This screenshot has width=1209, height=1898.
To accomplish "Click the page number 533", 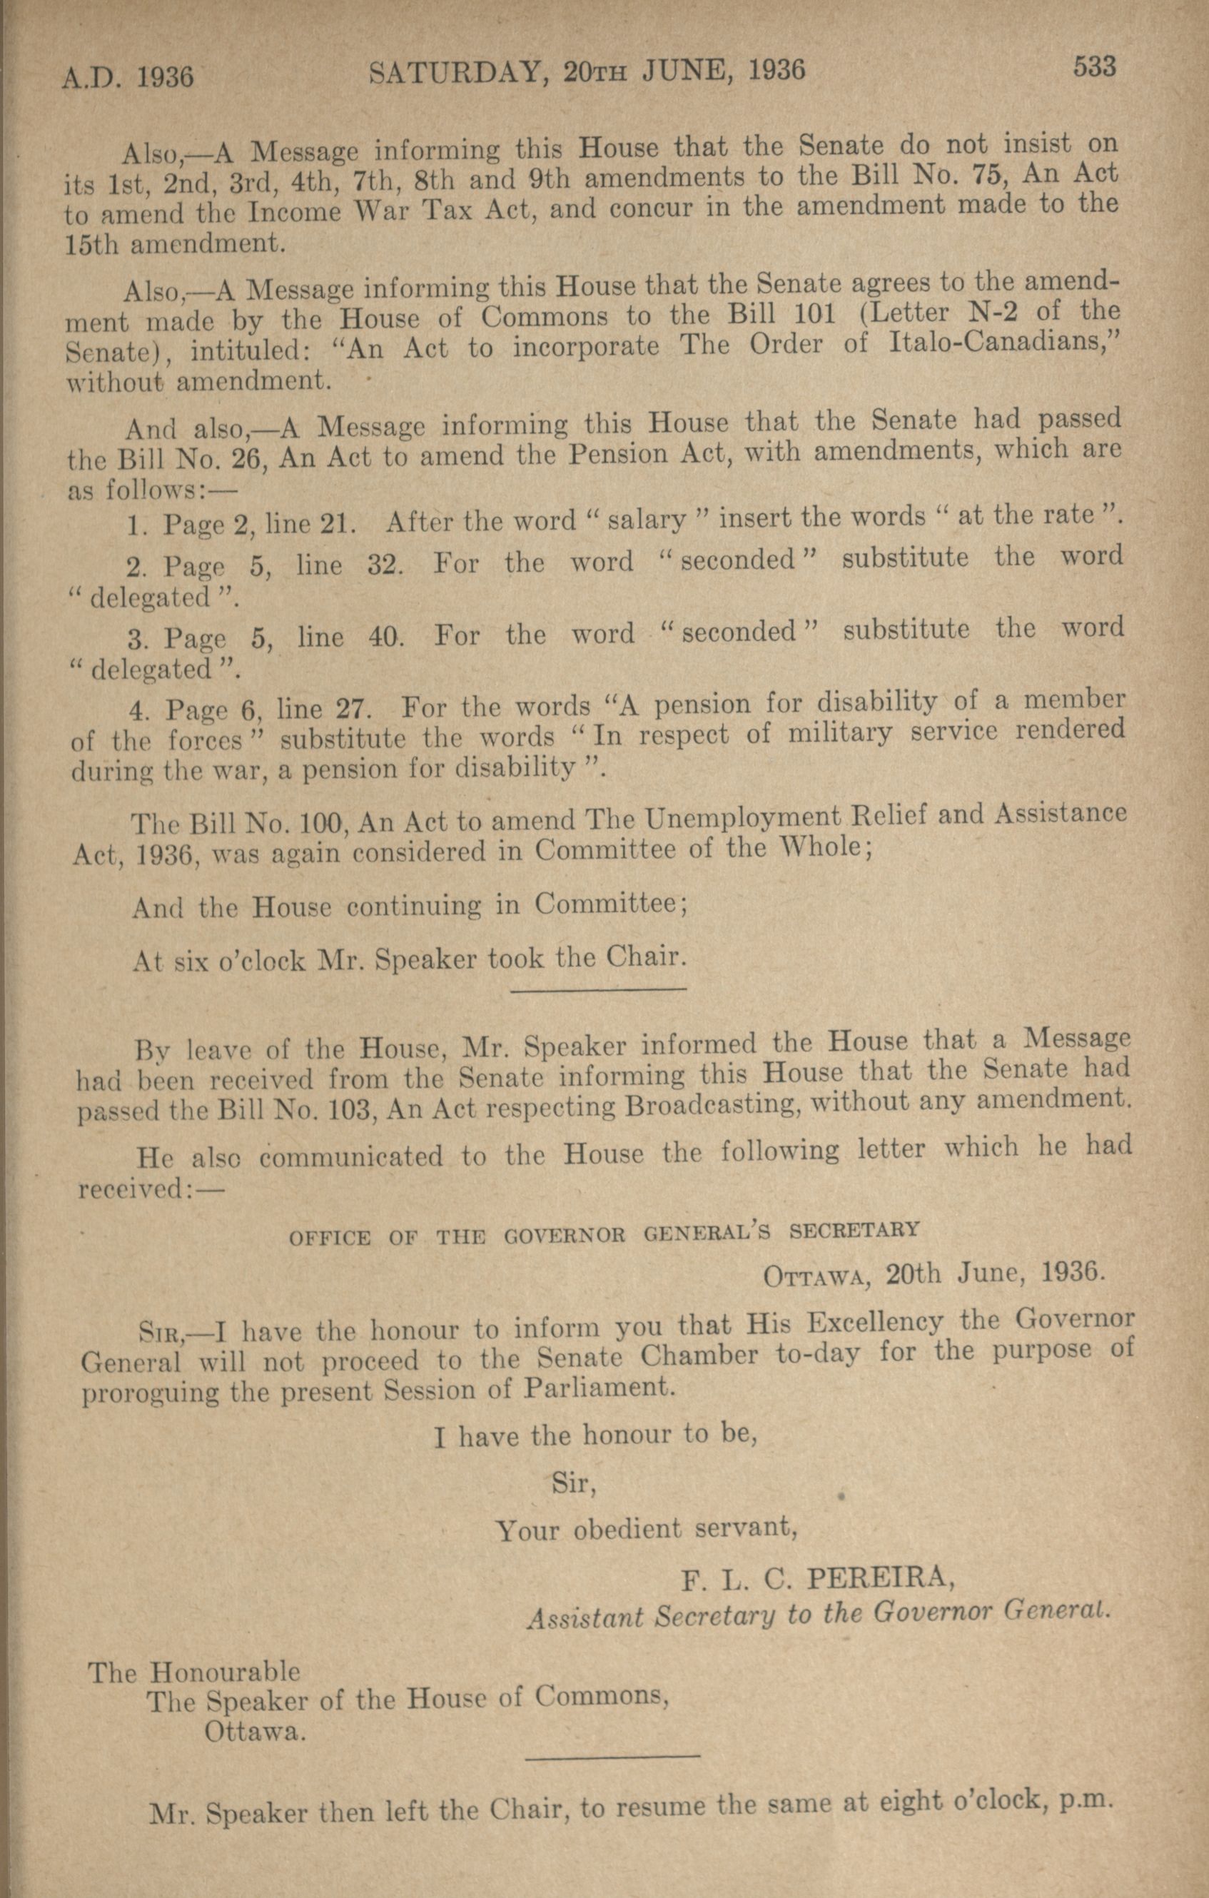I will [x=1094, y=68].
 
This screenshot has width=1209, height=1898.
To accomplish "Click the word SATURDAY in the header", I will [x=455, y=74].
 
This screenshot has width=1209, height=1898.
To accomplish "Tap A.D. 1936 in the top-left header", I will [x=128, y=77].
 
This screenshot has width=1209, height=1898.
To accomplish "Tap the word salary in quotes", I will [x=647, y=520].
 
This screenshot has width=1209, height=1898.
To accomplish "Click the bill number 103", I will [x=330, y=1109].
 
